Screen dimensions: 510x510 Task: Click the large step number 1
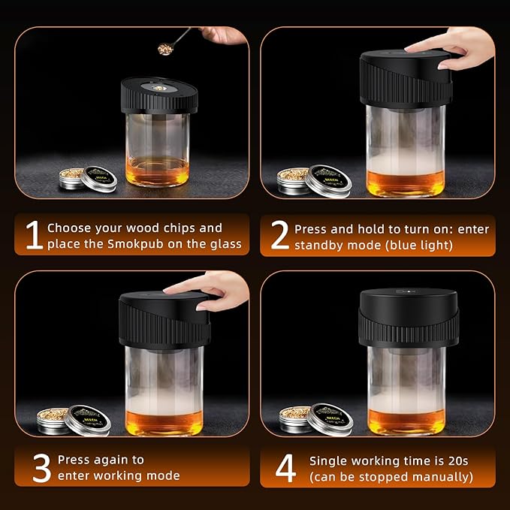coord(32,234)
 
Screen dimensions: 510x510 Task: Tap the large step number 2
coord(279,236)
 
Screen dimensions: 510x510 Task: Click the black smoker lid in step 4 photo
coord(408,318)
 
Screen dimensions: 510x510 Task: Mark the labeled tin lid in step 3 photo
coord(87,418)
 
